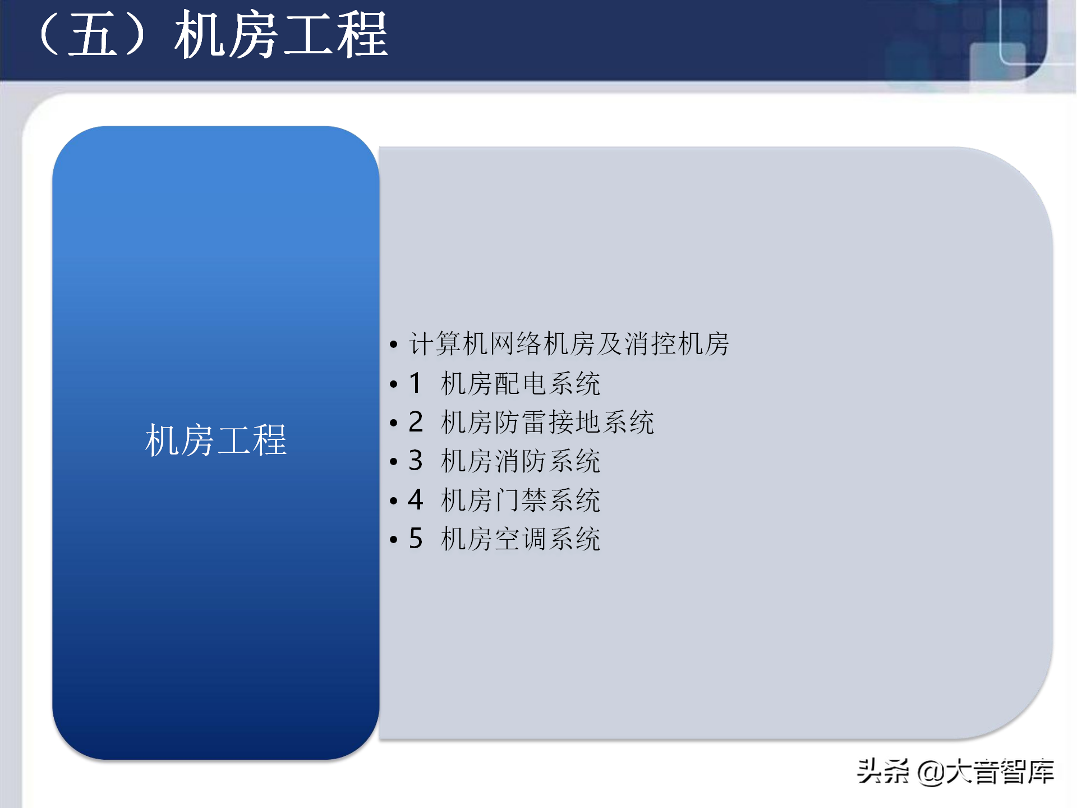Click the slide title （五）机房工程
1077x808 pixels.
(x=213, y=35)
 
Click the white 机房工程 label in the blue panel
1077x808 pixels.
(x=216, y=440)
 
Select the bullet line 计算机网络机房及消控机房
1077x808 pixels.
(x=569, y=344)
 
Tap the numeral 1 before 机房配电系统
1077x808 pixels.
(x=415, y=383)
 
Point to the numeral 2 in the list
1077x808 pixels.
(x=416, y=422)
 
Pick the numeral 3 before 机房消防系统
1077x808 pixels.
(x=416, y=461)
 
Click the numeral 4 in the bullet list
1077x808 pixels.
(x=416, y=499)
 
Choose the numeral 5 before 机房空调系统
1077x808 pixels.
(x=416, y=539)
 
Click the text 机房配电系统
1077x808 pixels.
(x=521, y=384)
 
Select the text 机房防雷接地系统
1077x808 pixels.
(x=547, y=423)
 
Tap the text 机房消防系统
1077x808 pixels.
(x=521, y=461)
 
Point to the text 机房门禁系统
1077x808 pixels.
(x=521, y=500)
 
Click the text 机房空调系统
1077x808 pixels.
(x=521, y=539)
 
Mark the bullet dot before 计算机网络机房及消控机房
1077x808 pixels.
(x=394, y=345)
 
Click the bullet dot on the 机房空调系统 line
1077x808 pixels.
(x=394, y=540)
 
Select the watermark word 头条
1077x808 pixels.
(x=883, y=771)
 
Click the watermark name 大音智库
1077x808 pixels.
(x=1000, y=771)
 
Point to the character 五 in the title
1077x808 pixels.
(x=93, y=35)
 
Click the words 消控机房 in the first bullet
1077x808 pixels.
(x=676, y=344)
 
